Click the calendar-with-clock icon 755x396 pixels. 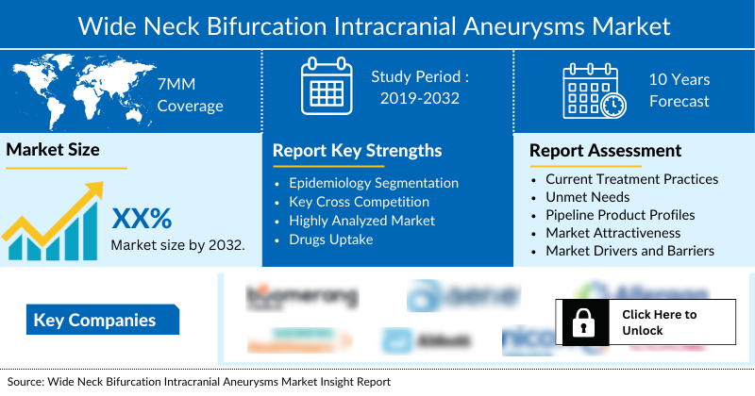[593, 91]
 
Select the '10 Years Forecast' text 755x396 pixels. [679, 91]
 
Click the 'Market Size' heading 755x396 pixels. [53, 149]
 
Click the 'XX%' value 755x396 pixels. [142, 219]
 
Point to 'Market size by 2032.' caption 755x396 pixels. [177, 245]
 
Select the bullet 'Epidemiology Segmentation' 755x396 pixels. [374, 183]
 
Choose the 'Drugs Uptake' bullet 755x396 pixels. [330, 239]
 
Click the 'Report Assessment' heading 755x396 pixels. [605, 151]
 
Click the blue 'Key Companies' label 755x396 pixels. [94, 320]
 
